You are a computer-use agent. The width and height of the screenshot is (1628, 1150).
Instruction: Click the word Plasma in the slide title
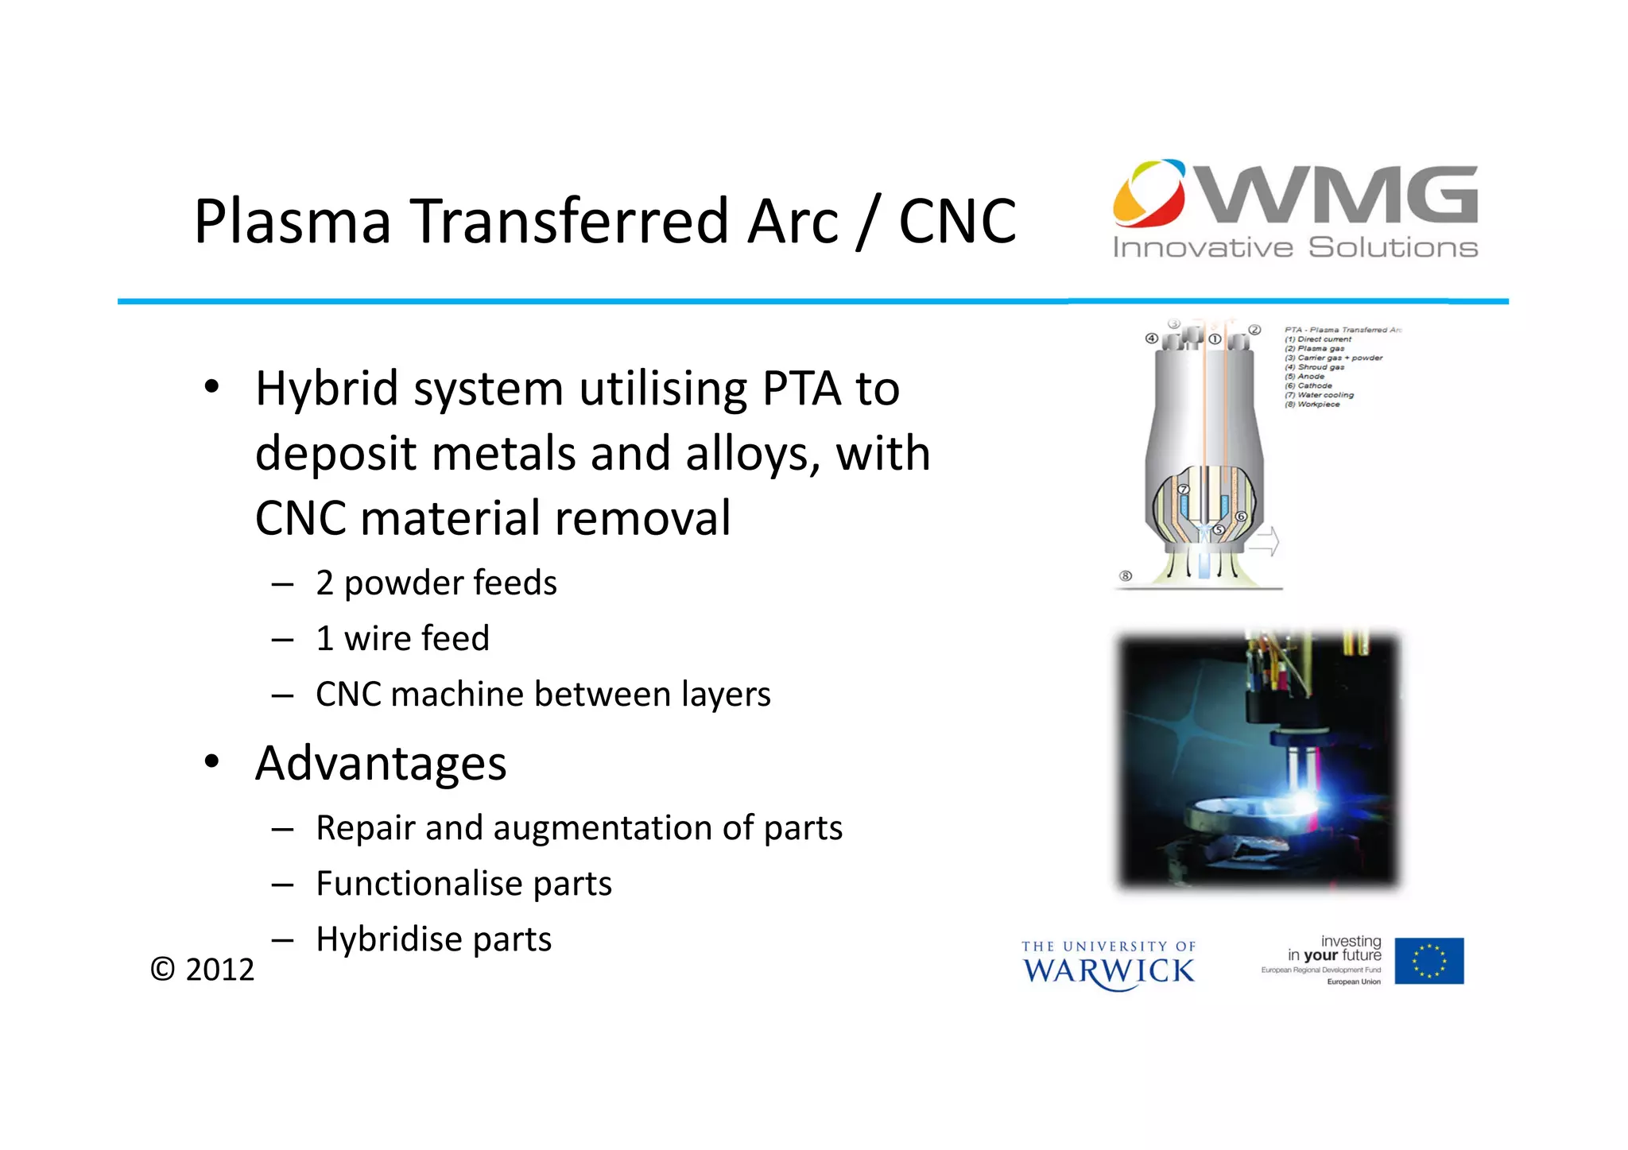(293, 221)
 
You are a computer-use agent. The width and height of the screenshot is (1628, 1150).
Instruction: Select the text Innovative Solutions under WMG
(1294, 248)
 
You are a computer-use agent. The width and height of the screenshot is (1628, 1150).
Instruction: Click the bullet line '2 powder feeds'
(436, 583)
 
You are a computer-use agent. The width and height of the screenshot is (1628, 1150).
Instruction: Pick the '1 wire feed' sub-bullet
(402, 638)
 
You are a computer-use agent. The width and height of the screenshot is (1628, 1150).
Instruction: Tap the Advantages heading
(380, 763)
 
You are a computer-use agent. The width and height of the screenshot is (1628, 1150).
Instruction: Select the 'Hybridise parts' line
(433, 939)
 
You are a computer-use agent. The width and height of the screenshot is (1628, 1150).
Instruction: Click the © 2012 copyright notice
(202, 970)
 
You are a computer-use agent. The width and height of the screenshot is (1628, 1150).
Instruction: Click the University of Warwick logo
(1108, 965)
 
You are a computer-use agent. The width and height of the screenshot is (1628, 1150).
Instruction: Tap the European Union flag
(1428, 961)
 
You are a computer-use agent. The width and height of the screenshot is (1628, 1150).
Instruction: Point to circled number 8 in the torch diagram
(1125, 575)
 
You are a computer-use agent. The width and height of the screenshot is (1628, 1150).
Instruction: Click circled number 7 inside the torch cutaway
(1183, 489)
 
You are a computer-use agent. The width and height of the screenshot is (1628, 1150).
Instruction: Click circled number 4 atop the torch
(1151, 339)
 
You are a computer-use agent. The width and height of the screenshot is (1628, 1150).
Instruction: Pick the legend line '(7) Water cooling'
(1319, 395)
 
